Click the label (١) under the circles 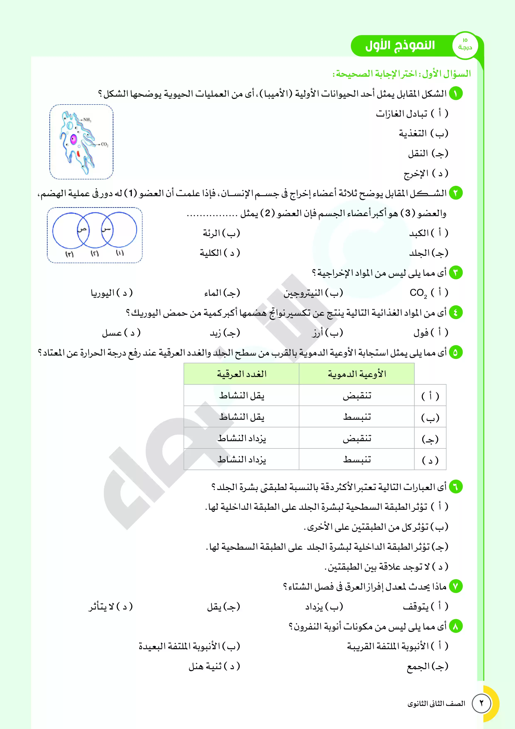coord(120,253)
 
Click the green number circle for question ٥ coord(455,352)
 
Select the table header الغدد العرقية coord(242,374)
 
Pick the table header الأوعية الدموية coord(357,374)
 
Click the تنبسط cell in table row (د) coord(357,459)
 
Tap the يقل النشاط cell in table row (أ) coord(242,396)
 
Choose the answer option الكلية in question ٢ coord(210,253)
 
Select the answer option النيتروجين coord(303,293)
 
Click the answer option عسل coord(112,333)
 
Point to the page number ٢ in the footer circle coord(481,703)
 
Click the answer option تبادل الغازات coord(402,114)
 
